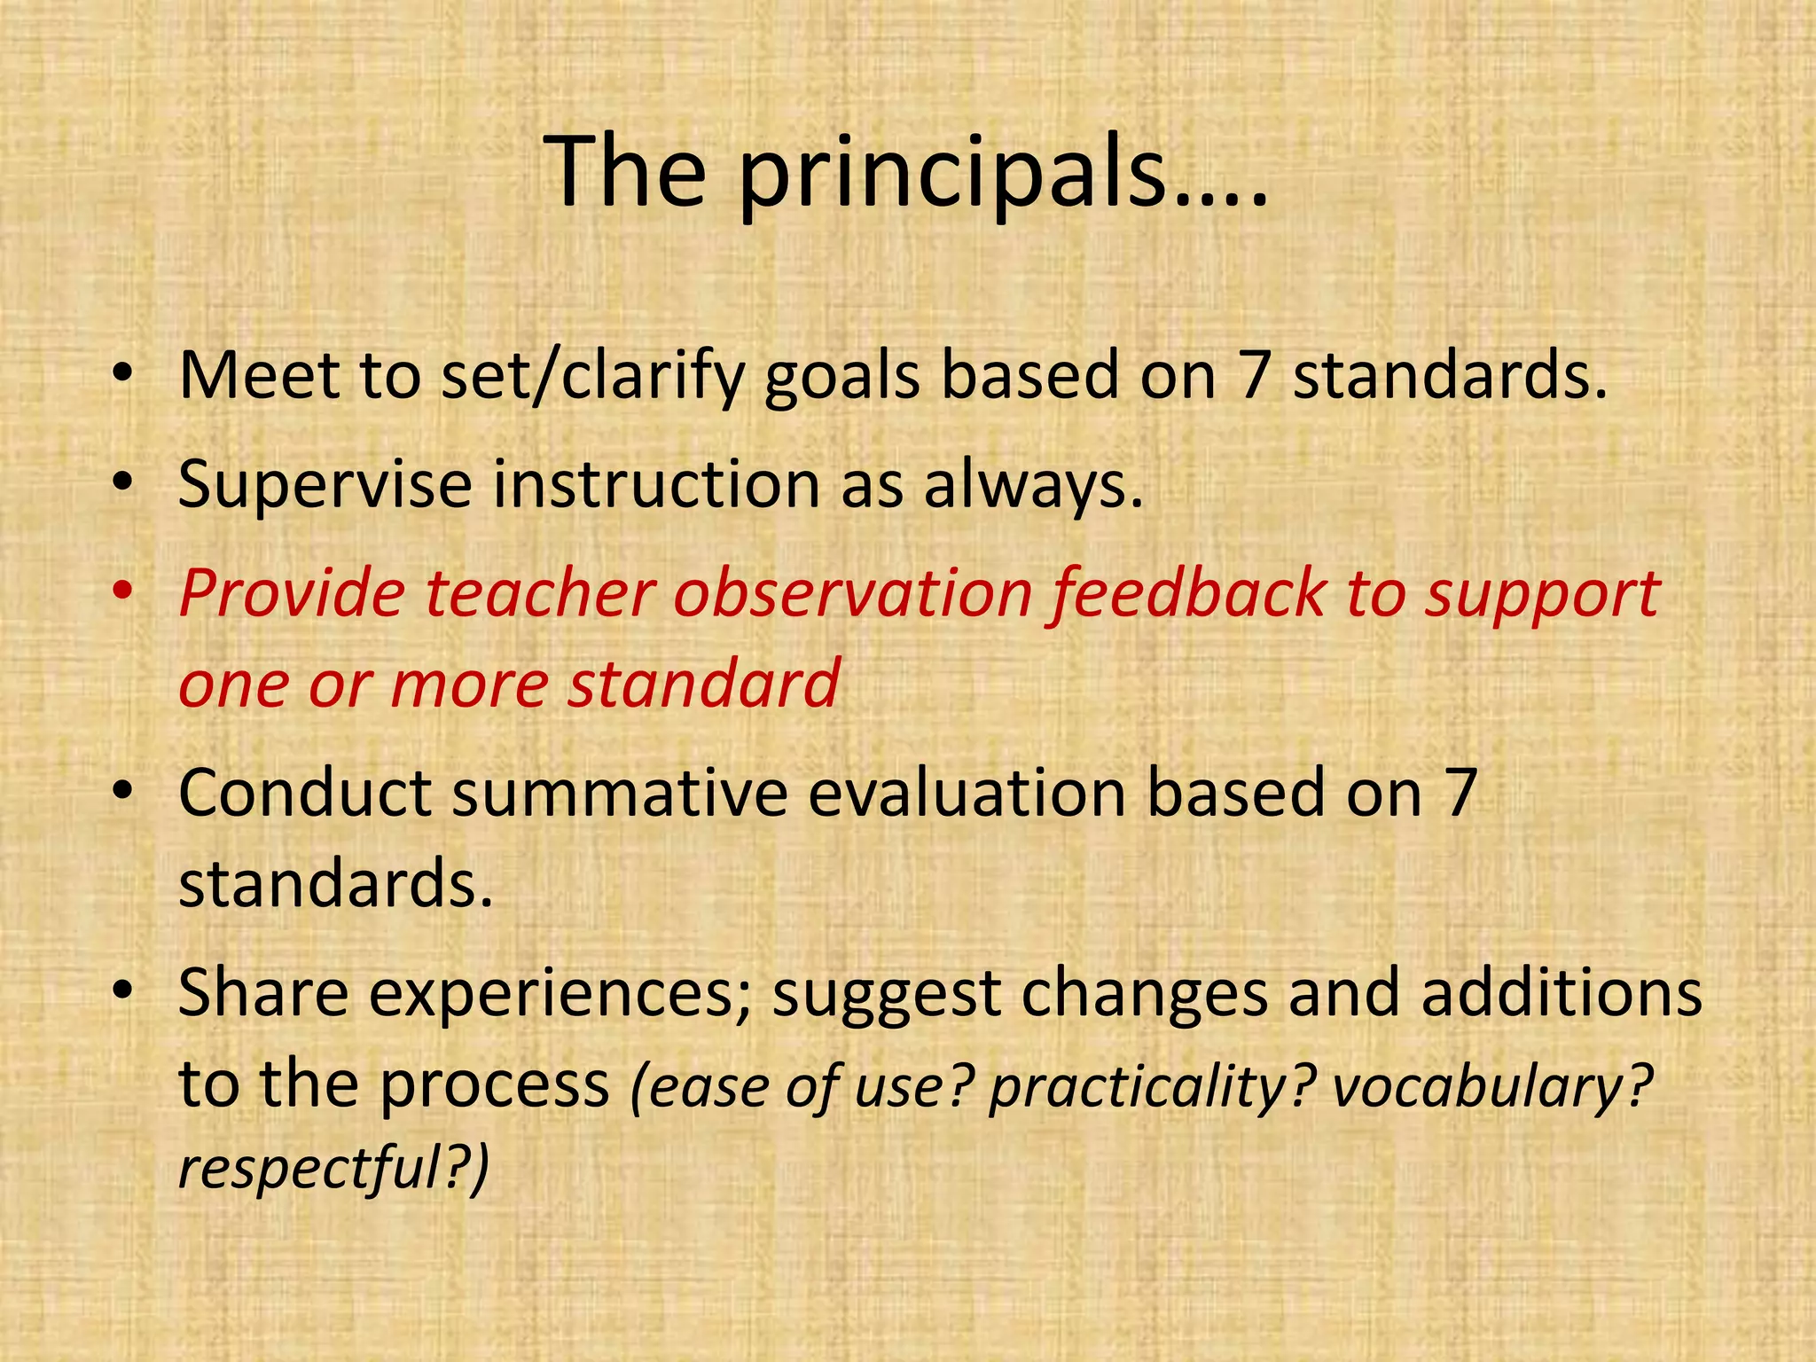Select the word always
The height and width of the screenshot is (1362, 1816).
[x=1032, y=486]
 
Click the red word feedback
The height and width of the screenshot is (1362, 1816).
[x=1188, y=594]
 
